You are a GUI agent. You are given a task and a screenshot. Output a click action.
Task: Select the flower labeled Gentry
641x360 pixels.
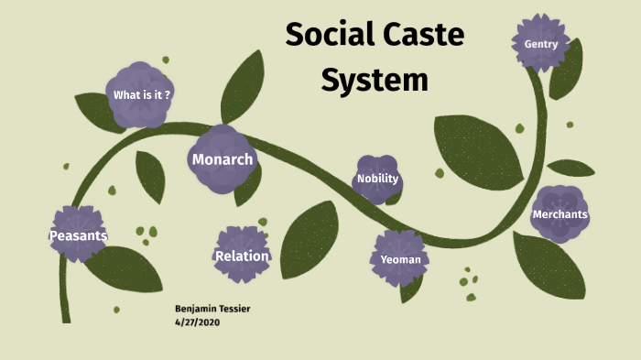click(541, 43)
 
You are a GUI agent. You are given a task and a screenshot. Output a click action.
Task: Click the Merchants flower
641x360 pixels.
click(560, 213)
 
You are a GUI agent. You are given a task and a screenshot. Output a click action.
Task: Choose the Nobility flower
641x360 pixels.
click(377, 179)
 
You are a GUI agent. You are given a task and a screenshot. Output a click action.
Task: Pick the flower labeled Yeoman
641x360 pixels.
click(401, 258)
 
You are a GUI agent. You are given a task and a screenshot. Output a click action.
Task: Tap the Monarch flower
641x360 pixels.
click(222, 159)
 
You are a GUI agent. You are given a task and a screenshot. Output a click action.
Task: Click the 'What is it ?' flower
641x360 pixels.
click(141, 94)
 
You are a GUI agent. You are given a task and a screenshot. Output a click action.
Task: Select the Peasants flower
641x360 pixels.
click(78, 235)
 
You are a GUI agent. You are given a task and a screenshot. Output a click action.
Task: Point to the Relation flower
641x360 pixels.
click(241, 255)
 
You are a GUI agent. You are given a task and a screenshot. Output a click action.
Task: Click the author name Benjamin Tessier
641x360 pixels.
click(212, 309)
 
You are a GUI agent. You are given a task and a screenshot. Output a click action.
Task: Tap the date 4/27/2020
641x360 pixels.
click(197, 322)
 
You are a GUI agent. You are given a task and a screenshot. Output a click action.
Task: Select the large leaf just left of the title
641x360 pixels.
click(243, 87)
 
